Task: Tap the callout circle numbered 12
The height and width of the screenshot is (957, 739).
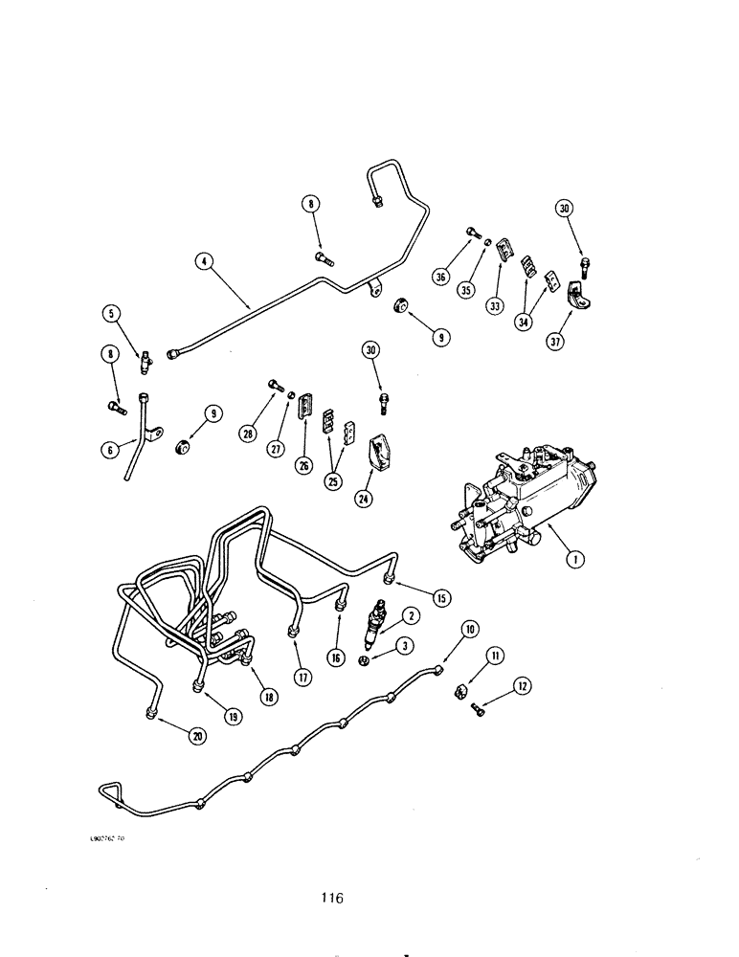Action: coord(522,685)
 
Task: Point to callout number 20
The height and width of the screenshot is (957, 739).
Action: coord(198,735)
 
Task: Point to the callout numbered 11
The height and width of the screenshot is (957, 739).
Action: coord(495,656)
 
